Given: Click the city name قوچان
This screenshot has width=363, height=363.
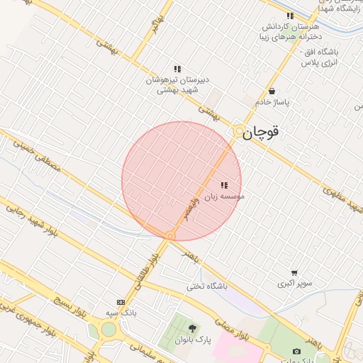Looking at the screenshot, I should (x=261, y=132).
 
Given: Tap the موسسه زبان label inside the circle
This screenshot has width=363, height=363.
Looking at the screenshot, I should (x=225, y=196).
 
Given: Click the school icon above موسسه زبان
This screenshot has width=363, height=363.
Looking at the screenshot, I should (x=224, y=185).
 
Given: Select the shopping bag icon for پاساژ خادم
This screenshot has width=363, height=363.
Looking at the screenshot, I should (x=272, y=91).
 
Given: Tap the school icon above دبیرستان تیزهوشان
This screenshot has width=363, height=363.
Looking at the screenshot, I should (x=177, y=69).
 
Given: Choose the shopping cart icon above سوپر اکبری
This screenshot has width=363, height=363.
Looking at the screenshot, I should (x=294, y=272).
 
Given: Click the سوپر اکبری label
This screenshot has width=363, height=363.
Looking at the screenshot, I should (x=293, y=283).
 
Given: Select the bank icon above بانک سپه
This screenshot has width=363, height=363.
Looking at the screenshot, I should (x=120, y=302).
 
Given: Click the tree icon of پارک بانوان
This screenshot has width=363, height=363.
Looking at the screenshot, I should (x=192, y=328).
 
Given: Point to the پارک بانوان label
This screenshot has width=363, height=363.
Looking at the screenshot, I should (x=194, y=340).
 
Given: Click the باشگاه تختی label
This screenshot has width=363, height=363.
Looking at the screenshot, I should (x=205, y=286).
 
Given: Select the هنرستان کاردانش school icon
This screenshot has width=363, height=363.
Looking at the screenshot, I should (x=289, y=16).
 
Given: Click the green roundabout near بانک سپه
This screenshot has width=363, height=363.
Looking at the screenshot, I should (x=108, y=329).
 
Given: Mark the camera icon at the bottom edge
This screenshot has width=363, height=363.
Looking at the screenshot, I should (x=296, y=352).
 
